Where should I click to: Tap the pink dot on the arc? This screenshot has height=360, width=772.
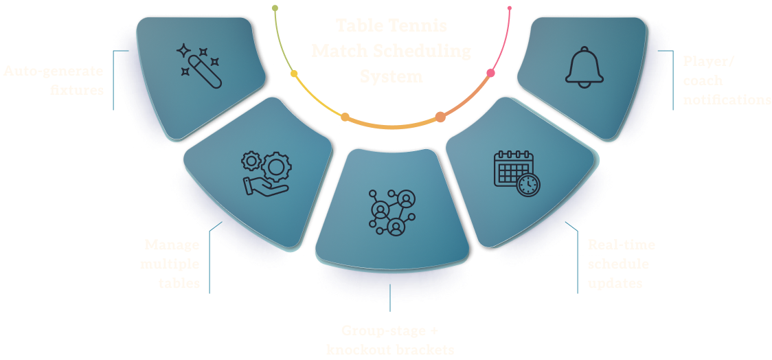point(491,73)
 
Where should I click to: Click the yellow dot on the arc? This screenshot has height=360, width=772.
point(294,74)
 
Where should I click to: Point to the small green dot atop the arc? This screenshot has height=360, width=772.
point(275,8)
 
